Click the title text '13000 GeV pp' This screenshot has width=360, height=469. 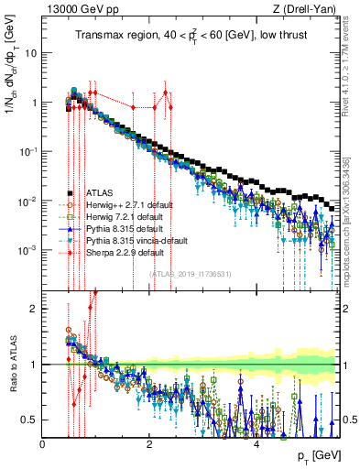click(75, 9)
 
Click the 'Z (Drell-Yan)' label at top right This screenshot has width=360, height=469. click(308, 9)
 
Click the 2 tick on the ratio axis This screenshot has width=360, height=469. click(35, 309)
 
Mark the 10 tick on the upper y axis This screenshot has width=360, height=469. click(31, 53)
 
